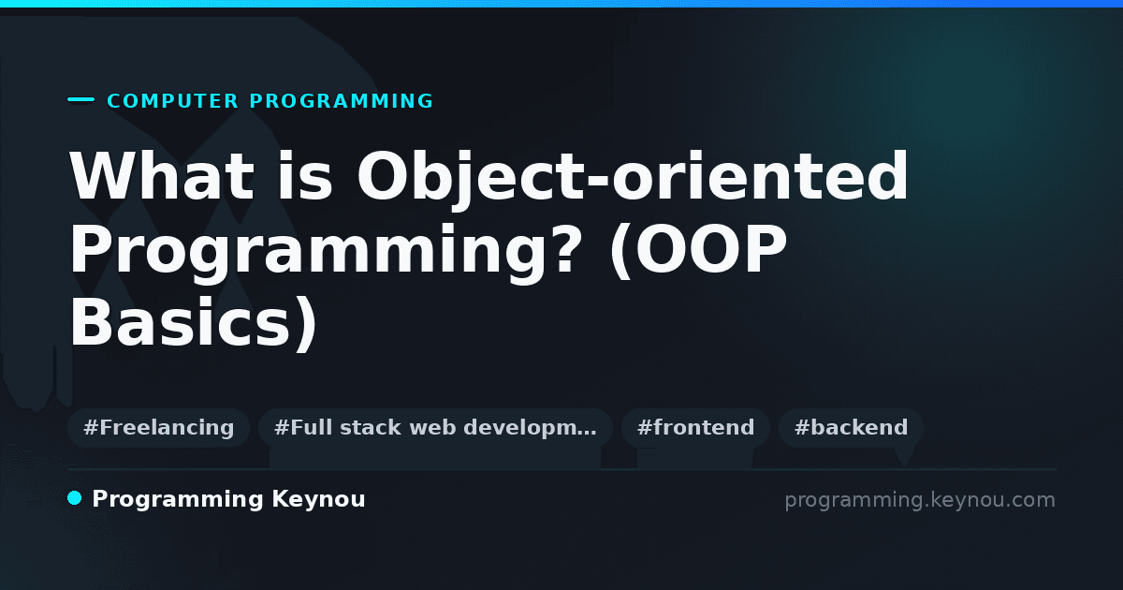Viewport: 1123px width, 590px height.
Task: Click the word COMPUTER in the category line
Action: pyautogui.click(x=172, y=101)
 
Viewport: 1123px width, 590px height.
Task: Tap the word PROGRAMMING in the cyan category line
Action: pyautogui.click(x=341, y=101)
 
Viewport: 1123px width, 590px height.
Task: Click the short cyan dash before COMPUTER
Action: pyautogui.click(x=80, y=99)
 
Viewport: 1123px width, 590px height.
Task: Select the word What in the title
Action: pyautogui.click(x=162, y=176)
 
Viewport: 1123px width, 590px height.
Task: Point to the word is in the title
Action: pyautogui.click(x=305, y=176)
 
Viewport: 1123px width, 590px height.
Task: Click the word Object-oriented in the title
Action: pyautogui.click(x=633, y=178)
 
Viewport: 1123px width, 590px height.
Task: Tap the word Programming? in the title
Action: pyautogui.click(x=325, y=254)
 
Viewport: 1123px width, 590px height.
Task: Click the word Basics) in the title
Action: pyautogui.click(x=193, y=324)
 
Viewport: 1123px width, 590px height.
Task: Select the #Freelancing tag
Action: pyautogui.click(x=158, y=428)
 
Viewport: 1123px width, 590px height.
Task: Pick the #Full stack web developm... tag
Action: pyautogui.click(x=435, y=428)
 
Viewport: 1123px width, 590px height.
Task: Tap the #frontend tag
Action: pyautogui.click(x=695, y=428)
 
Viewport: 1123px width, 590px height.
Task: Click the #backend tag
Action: pyautogui.click(x=851, y=428)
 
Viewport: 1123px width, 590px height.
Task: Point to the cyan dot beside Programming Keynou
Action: pyautogui.click(x=74, y=498)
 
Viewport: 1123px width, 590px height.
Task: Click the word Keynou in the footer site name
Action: pyautogui.click(x=318, y=500)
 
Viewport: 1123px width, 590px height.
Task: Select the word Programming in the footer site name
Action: pyautogui.click(x=178, y=500)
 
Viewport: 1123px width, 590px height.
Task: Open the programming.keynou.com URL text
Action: pyautogui.click(x=920, y=500)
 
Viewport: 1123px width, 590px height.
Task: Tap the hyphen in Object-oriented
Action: pyautogui.click(x=598, y=183)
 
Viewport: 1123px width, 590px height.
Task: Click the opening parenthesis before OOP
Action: pyautogui.click(x=621, y=251)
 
